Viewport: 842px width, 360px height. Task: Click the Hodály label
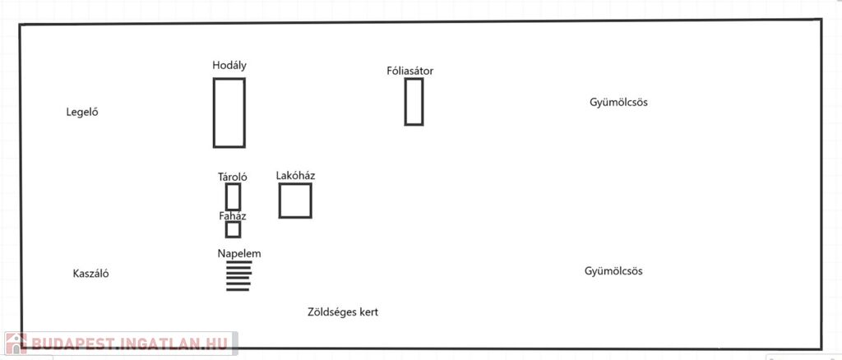(x=229, y=66)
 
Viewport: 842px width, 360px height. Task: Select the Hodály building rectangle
(x=214, y=113)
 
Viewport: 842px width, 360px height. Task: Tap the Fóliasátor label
(x=409, y=71)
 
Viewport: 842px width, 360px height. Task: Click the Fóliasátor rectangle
(x=405, y=102)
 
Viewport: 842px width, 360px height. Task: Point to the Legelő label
(x=82, y=113)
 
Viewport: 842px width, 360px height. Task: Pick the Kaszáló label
(x=90, y=274)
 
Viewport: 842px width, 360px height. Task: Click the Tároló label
(x=233, y=177)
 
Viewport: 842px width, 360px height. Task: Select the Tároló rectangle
(x=226, y=197)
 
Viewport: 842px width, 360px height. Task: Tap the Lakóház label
(x=295, y=175)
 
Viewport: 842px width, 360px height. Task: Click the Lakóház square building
(x=280, y=201)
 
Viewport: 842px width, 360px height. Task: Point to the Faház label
(x=233, y=216)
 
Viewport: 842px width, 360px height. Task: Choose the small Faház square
(x=226, y=229)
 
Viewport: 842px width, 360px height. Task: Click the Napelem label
(x=239, y=254)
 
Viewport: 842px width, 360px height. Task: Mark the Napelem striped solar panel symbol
(x=238, y=276)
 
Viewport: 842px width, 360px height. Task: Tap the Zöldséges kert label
(x=343, y=312)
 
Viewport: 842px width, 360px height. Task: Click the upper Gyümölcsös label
(x=618, y=102)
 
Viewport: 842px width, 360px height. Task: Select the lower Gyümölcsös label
(x=613, y=271)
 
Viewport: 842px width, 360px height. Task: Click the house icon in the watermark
(x=16, y=344)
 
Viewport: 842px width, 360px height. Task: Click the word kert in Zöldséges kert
(x=368, y=312)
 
